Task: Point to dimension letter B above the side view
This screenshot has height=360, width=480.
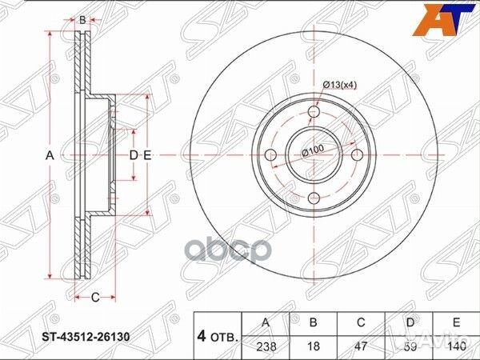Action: point(82,19)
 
